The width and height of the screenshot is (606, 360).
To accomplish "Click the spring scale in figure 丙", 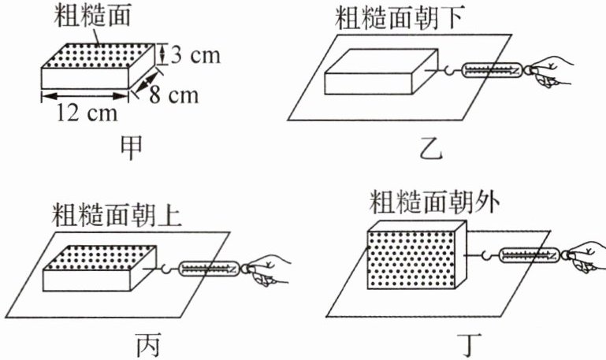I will (x=209, y=270).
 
